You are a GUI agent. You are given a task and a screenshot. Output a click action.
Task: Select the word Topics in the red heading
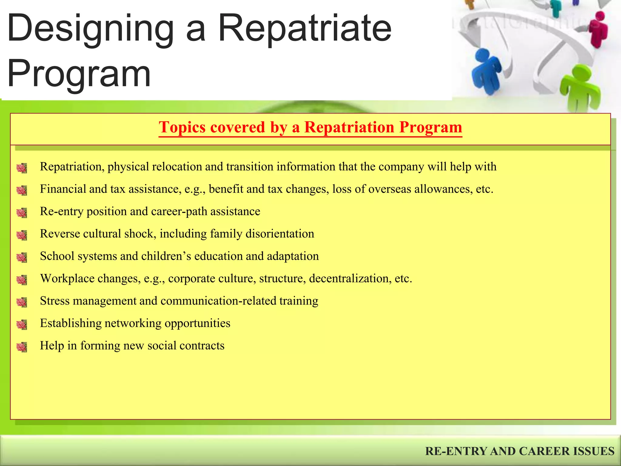(x=182, y=127)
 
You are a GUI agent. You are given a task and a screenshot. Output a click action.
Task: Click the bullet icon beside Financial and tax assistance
(x=22, y=190)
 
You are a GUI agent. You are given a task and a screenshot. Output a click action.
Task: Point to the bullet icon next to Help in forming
(x=22, y=347)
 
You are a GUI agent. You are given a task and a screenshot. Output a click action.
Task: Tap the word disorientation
(x=280, y=234)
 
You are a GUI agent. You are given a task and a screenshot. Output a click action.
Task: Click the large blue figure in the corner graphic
(x=487, y=71)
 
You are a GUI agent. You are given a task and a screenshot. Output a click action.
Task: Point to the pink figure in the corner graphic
(x=599, y=29)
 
